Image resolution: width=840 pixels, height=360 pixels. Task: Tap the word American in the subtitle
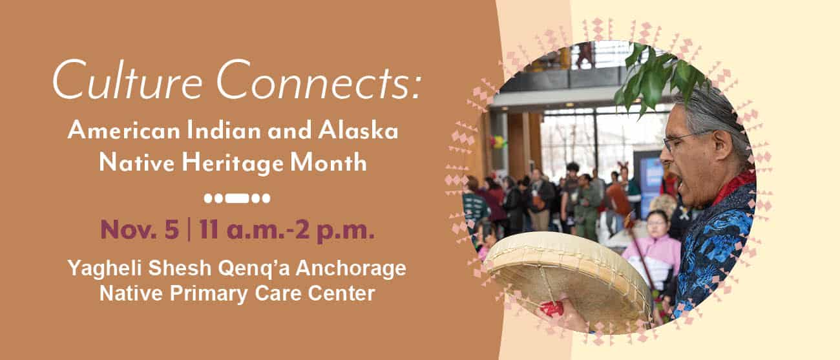(x=124, y=131)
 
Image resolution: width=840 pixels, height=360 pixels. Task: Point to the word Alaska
(x=358, y=131)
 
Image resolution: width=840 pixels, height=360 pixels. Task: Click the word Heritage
(x=233, y=164)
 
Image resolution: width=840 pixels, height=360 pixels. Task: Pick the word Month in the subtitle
(x=329, y=163)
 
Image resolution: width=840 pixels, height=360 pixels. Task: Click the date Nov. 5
(x=140, y=229)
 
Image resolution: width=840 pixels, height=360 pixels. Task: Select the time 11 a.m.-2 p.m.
(x=287, y=230)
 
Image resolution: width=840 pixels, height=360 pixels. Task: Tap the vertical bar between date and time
(x=189, y=229)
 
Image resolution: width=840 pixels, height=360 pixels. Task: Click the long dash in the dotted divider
(x=237, y=198)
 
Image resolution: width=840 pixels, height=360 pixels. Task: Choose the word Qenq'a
(x=253, y=269)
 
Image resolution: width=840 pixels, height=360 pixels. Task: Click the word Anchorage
(x=351, y=268)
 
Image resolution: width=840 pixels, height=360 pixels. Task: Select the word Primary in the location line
(x=209, y=293)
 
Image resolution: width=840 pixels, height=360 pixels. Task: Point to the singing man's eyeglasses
(x=682, y=142)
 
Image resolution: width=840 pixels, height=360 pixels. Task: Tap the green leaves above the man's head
(x=660, y=75)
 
